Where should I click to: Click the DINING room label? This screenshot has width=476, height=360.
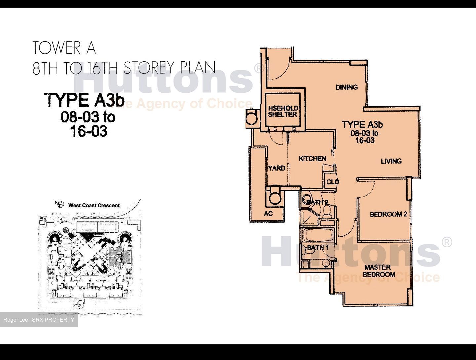(346, 87)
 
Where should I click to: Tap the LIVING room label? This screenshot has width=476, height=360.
(391, 161)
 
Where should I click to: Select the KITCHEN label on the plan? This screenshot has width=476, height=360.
(312, 159)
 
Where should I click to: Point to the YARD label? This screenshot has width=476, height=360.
(277, 168)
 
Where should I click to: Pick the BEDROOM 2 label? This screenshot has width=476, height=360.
(388, 214)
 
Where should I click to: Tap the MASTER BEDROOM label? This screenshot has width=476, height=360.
(379, 271)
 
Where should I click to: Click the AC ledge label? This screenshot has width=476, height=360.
(268, 214)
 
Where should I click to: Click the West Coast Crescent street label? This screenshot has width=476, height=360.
(94, 205)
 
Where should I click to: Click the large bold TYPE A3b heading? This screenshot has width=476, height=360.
(85, 100)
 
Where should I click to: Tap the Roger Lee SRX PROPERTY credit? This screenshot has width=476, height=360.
(39, 320)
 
